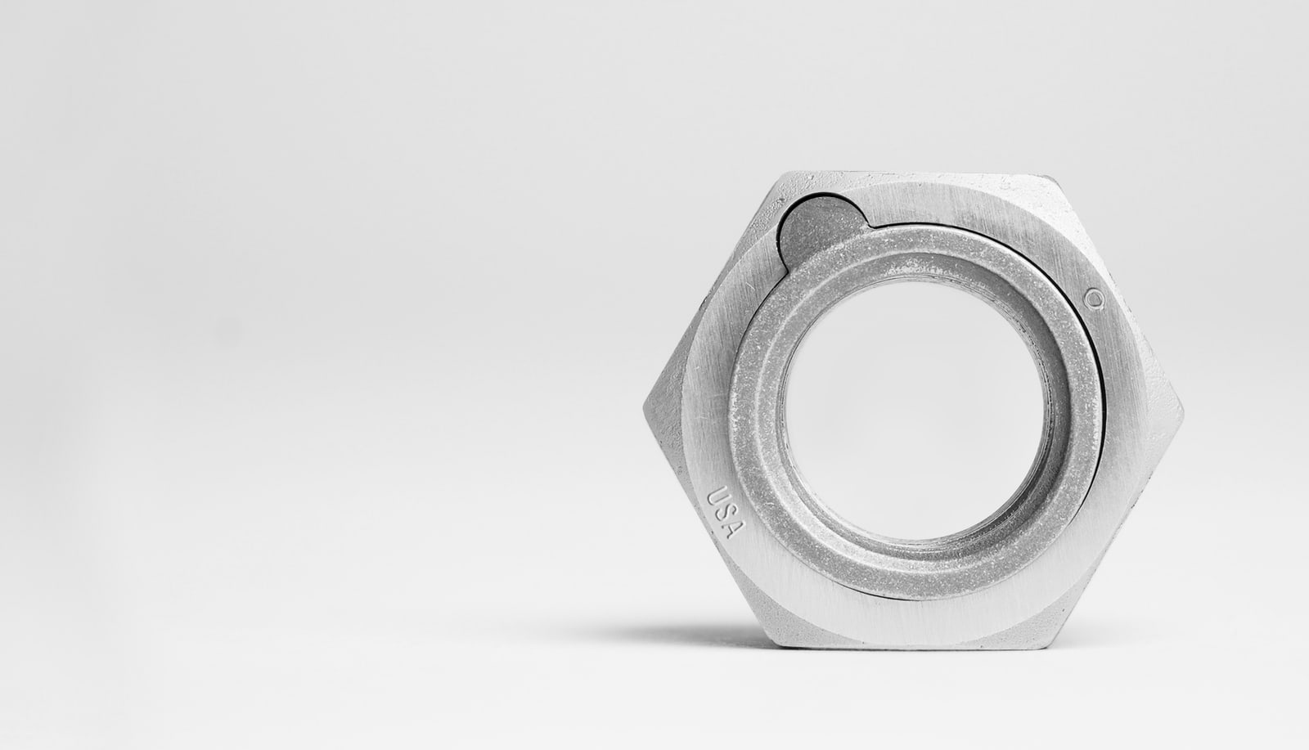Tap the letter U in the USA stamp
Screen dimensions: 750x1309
pos(717,497)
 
